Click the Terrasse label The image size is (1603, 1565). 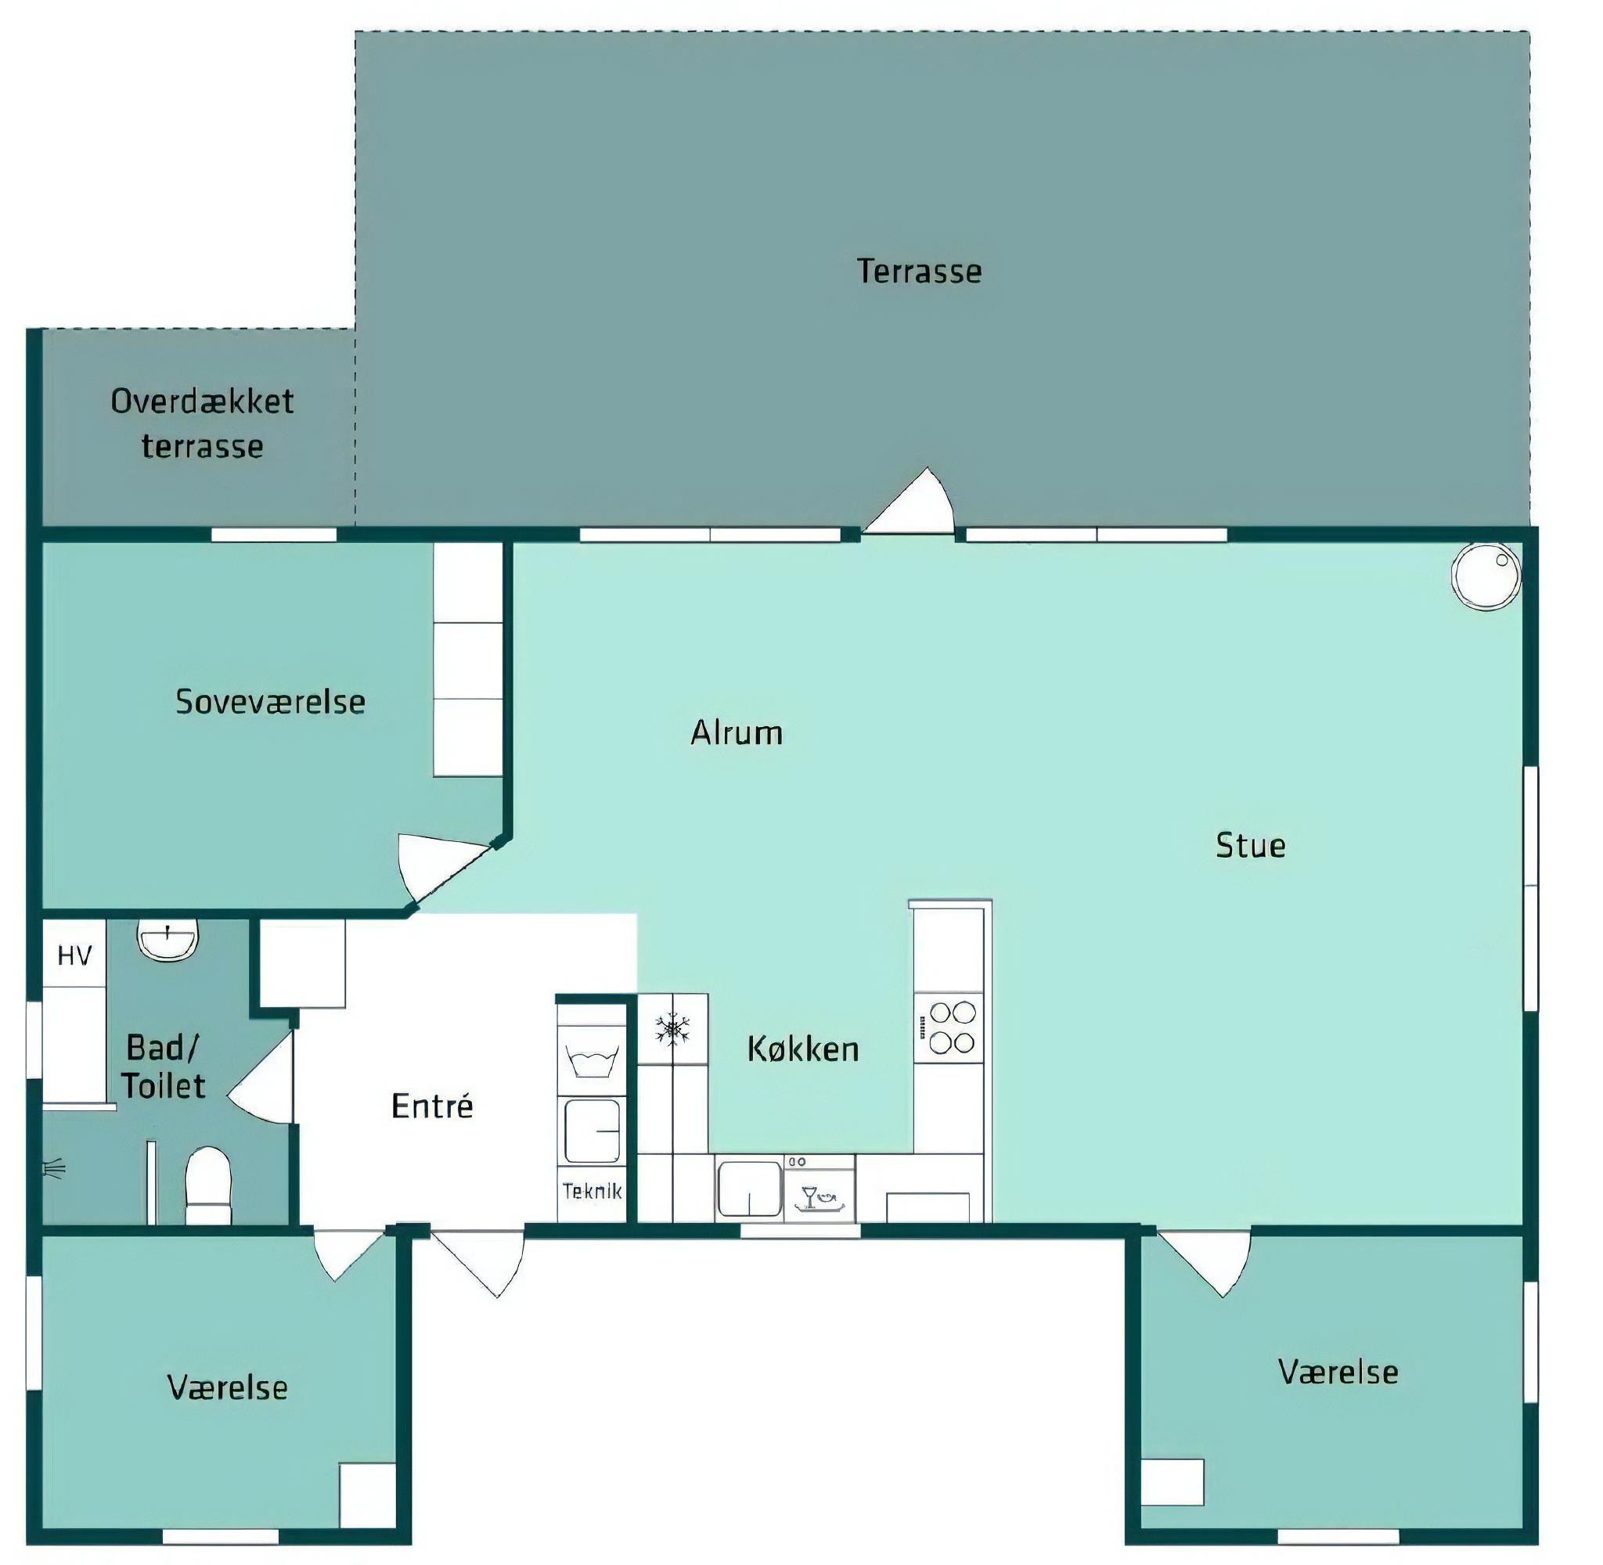click(919, 272)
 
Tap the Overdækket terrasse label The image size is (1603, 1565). click(202, 424)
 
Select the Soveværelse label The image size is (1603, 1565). click(271, 701)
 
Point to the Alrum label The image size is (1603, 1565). click(737, 732)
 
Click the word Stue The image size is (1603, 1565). click(1250, 845)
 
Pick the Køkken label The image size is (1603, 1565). click(803, 1049)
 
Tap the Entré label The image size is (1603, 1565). click(432, 1106)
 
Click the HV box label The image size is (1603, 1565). click(75, 955)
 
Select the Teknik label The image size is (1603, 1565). click(592, 1191)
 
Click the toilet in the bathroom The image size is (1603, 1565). click(208, 1185)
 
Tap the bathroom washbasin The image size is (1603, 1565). click(168, 939)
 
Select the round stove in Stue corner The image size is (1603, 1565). click(1486, 575)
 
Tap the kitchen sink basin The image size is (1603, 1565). click(749, 1188)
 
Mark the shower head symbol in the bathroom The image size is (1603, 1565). click(53, 1168)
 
